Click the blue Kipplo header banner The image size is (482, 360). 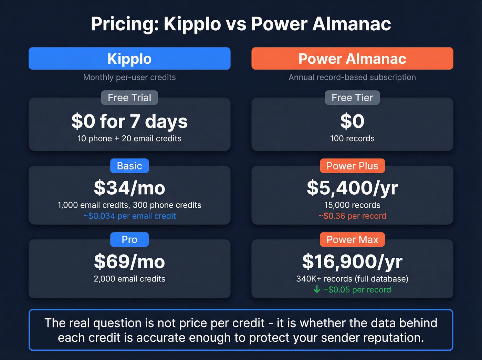click(x=129, y=59)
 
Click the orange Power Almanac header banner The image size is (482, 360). click(x=352, y=59)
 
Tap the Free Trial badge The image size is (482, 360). click(x=129, y=98)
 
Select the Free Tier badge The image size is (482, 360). click(x=352, y=98)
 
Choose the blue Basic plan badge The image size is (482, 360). click(x=129, y=166)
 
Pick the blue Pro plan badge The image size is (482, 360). click(x=129, y=239)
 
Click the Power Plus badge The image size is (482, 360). click(x=352, y=166)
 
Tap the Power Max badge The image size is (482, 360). click(x=352, y=239)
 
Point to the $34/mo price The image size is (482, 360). click(x=129, y=188)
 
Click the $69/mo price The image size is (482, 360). click(x=129, y=262)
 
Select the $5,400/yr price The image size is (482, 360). click(x=352, y=188)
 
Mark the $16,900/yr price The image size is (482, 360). click(x=352, y=262)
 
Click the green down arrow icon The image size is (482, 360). click(x=317, y=289)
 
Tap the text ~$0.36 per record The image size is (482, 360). click(x=352, y=216)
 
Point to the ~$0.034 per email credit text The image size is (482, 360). click(x=129, y=216)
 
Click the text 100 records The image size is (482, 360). click(x=352, y=138)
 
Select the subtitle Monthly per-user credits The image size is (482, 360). click(x=129, y=77)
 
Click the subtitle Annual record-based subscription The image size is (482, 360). click(x=352, y=77)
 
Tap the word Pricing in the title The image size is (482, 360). click(x=125, y=24)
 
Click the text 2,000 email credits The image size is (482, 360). click(x=129, y=279)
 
